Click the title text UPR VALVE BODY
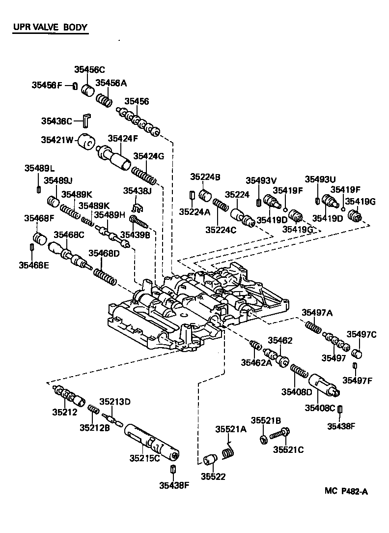pyautogui.click(x=50, y=27)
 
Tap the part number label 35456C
pyautogui.click(x=90, y=70)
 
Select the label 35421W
pyautogui.click(x=57, y=140)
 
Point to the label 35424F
pyautogui.click(x=123, y=138)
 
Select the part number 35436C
pyautogui.click(x=56, y=120)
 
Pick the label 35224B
pyautogui.click(x=205, y=177)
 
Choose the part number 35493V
pyautogui.click(x=261, y=180)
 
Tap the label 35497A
pyautogui.click(x=317, y=312)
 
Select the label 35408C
pyautogui.click(x=320, y=407)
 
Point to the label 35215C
pyautogui.click(x=145, y=458)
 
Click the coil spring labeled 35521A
pyautogui.click(x=227, y=451)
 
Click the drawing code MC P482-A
pyautogui.click(x=346, y=490)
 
